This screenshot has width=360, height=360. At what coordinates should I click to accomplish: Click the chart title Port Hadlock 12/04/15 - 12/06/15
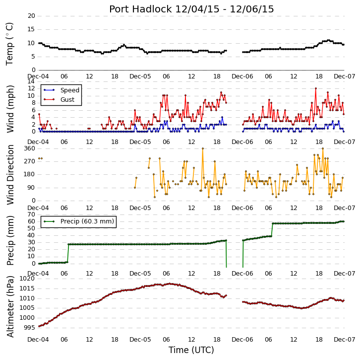(x=191, y=9)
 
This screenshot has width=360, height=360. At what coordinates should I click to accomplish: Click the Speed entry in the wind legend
(x=70, y=90)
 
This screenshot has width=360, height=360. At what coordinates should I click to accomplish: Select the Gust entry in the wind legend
(x=67, y=99)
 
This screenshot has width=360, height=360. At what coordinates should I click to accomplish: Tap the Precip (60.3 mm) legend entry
(x=87, y=221)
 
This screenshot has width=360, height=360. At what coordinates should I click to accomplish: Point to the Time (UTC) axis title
(x=191, y=350)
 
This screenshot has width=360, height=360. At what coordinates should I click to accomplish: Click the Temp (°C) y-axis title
(x=9, y=44)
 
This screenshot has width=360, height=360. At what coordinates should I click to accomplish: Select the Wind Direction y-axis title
(x=10, y=175)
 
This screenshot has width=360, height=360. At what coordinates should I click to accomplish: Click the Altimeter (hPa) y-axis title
(x=10, y=307)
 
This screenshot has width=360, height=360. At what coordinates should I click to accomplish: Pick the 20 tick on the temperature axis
(x=31, y=16)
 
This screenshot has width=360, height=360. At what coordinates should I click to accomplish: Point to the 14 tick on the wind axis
(x=31, y=81)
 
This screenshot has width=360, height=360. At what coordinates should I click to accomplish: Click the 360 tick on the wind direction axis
(x=30, y=148)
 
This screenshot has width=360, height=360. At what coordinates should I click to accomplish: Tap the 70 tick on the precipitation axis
(x=31, y=215)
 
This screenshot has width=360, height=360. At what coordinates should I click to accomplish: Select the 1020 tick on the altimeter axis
(x=27, y=279)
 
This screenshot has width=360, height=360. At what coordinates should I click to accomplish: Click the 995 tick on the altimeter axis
(x=29, y=327)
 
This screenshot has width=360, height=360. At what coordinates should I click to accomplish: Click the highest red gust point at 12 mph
(x=316, y=88)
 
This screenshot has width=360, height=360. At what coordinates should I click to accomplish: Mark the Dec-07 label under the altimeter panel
(x=345, y=340)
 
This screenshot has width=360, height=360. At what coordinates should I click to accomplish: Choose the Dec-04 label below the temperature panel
(x=38, y=76)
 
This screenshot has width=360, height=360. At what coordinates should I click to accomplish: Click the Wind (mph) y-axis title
(x=10, y=109)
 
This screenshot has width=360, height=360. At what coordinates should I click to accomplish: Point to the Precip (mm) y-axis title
(x=10, y=240)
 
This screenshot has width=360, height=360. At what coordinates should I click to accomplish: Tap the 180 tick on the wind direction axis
(x=30, y=174)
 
